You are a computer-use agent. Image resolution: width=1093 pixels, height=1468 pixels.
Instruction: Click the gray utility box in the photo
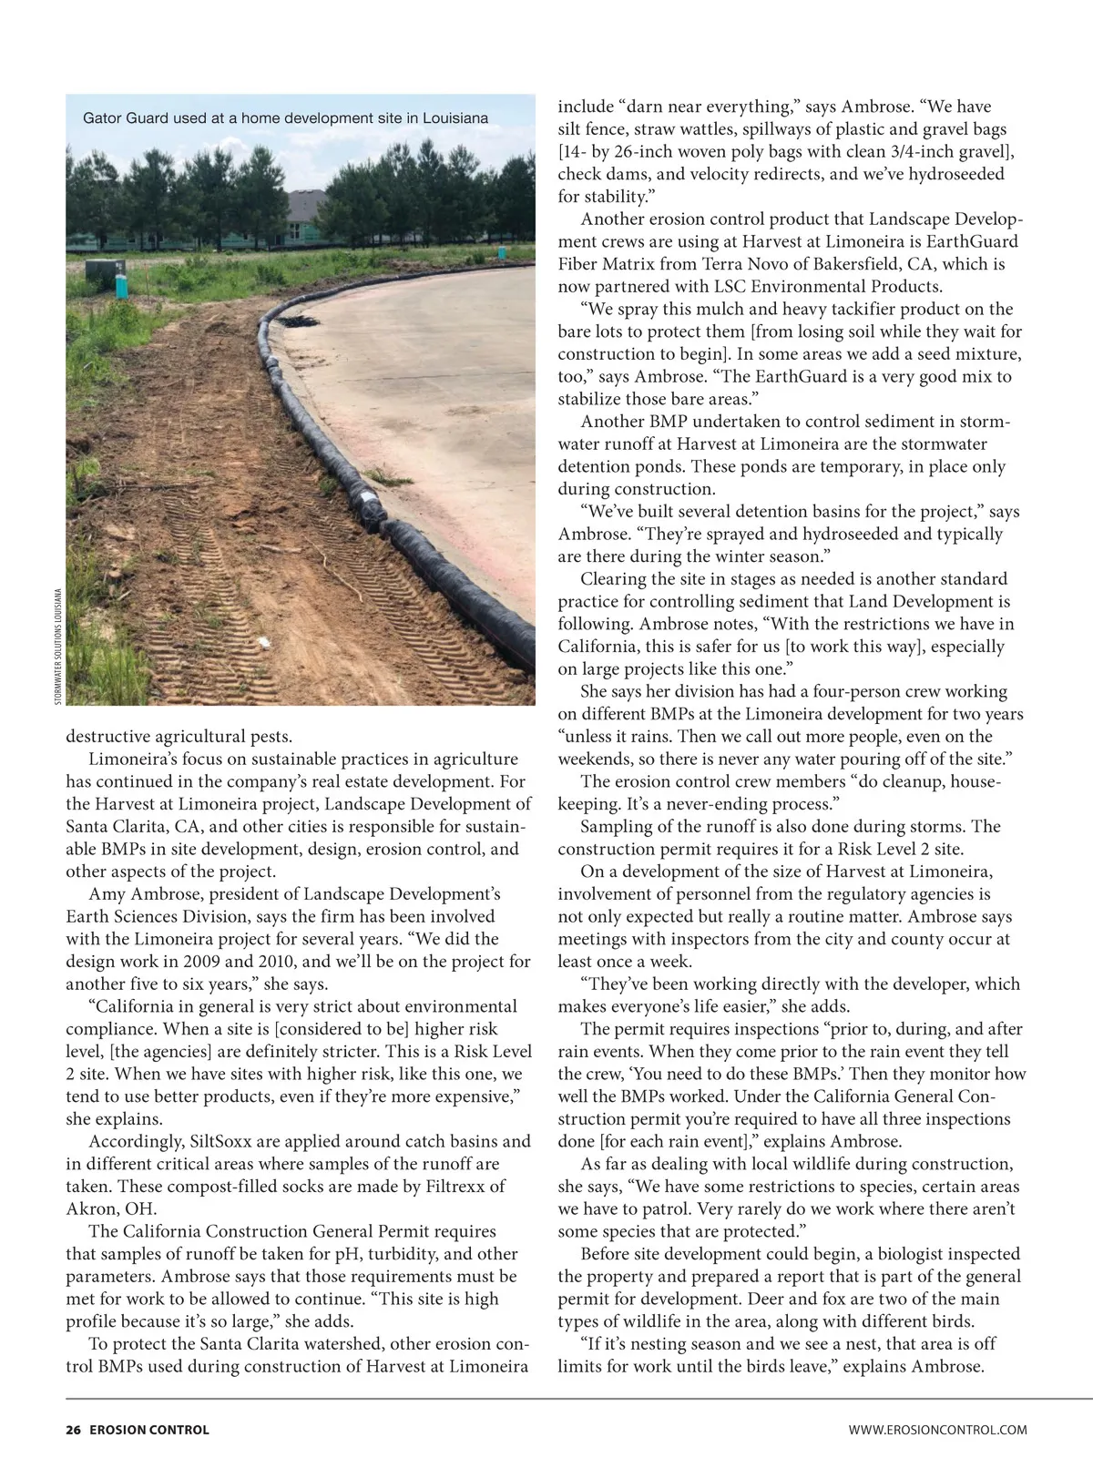pos(98,270)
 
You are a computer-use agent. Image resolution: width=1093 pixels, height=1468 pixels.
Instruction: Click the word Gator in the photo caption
pos(103,118)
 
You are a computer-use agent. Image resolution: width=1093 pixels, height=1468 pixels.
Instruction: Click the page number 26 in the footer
pos(73,1430)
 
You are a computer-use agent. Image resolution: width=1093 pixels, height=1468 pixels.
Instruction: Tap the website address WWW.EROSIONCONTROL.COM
pos(937,1430)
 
